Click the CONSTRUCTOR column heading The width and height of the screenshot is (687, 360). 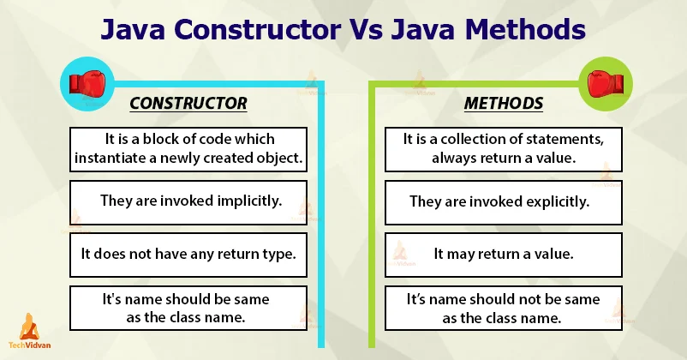pyautogui.click(x=188, y=104)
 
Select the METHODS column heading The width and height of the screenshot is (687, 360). pyautogui.click(x=503, y=104)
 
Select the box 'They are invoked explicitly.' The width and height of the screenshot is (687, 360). pyautogui.click(x=499, y=202)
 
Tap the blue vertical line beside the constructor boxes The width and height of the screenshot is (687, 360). pyautogui.click(x=320, y=214)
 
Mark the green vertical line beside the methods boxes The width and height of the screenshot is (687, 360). pyautogui.click(x=373, y=214)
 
